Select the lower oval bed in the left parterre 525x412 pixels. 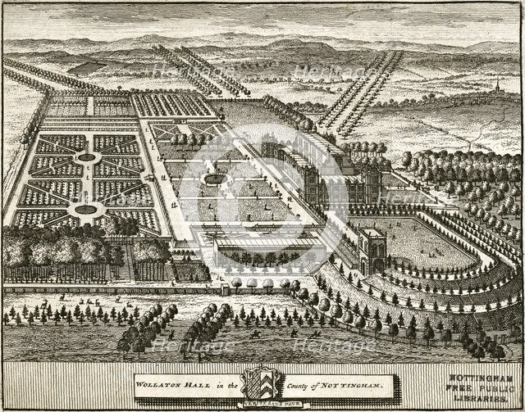[85, 210]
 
